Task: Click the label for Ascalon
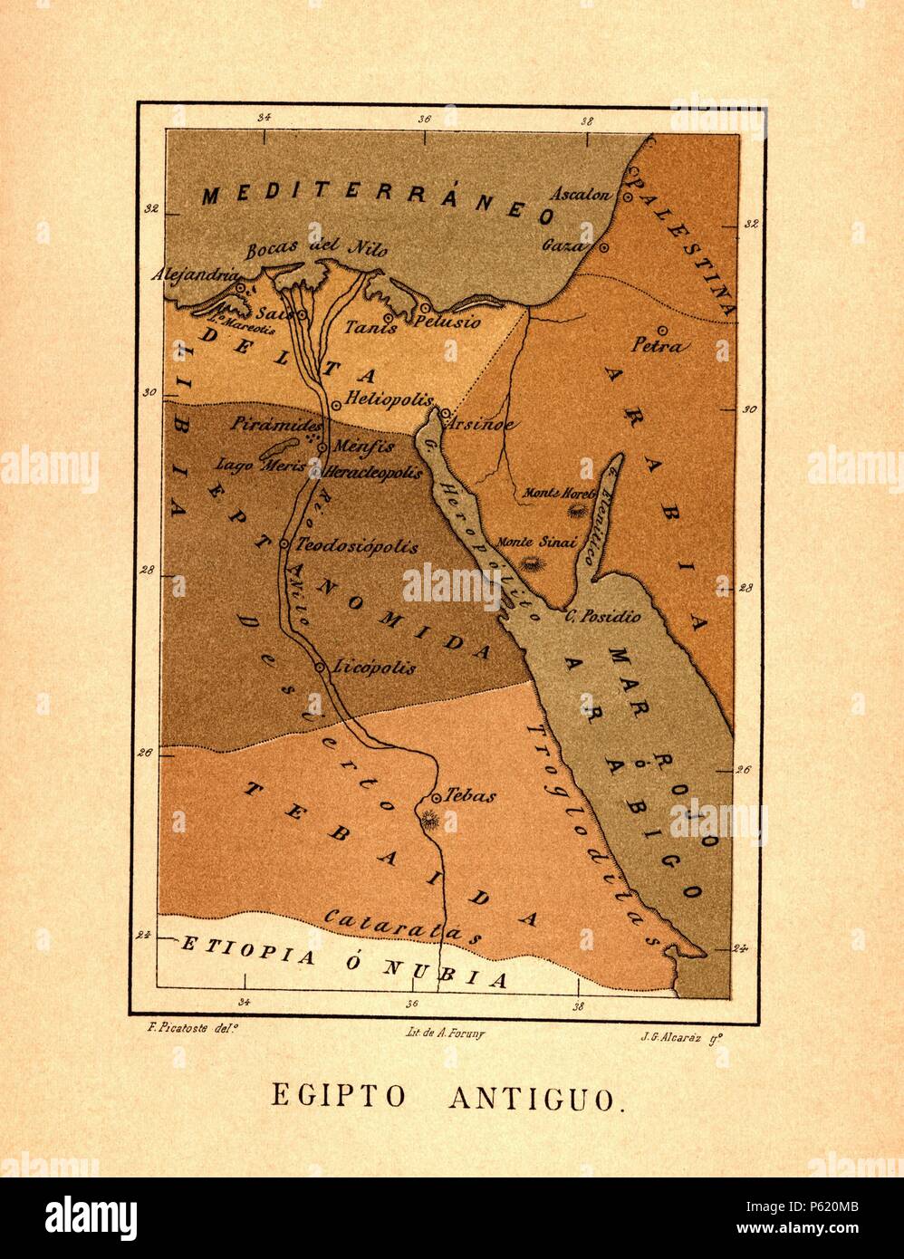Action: click(x=588, y=195)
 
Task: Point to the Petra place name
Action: click(x=662, y=346)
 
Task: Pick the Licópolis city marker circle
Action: click(x=320, y=667)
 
